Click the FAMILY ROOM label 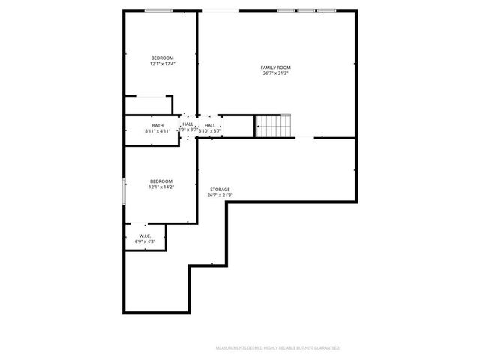(276, 67)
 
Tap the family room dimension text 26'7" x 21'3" (276, 73)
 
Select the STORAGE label (220, 190)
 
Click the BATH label (157, 125)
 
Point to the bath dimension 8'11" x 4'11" (157, 131)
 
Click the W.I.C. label (145, 235)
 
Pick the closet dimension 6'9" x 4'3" (145, 241)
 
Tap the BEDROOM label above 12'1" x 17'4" (162, 58)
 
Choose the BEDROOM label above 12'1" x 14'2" (161, 181)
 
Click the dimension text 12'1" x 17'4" (162, 64)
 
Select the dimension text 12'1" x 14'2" (161, 187)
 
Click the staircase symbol (273, 126)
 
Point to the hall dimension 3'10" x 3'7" (211, 131)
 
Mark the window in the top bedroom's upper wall (157, 10)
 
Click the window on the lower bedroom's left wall (124, 190)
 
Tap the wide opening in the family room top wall (219, 10)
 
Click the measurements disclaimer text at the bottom (278, 348)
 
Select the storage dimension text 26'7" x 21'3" (220, 196)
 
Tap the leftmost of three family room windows (286, 10)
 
